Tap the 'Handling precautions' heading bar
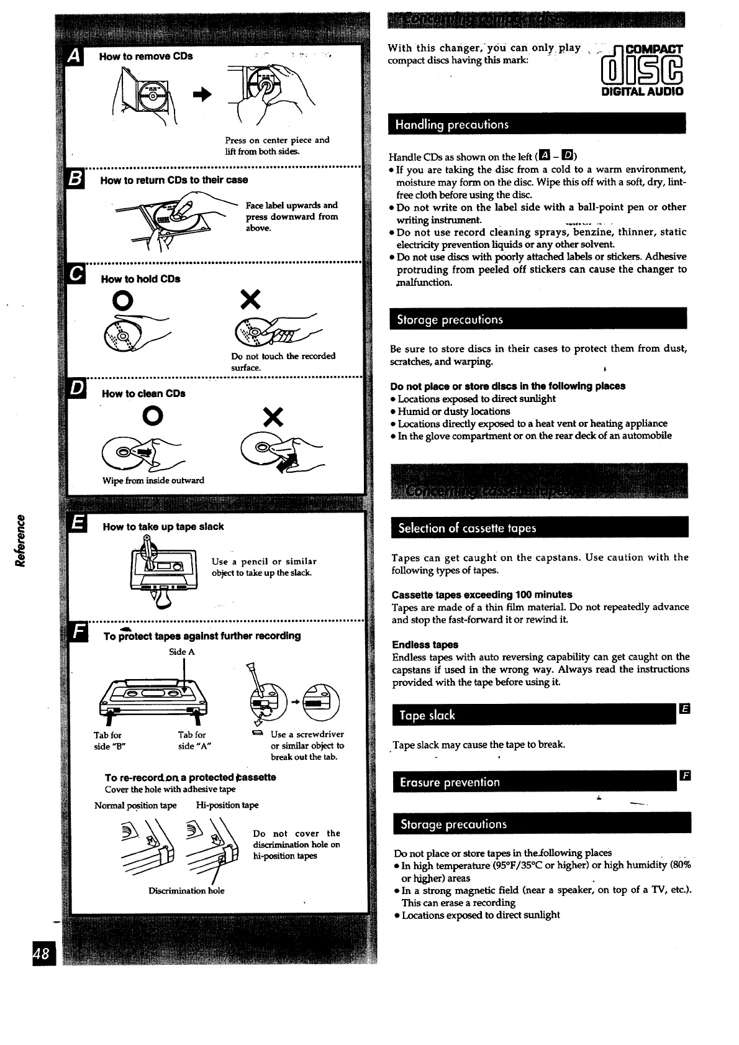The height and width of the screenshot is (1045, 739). (x=537, y=124)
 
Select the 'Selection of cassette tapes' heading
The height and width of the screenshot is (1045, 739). (x=540, y=528)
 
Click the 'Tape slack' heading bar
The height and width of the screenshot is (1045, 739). (x=534, y=715)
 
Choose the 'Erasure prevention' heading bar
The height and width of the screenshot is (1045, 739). (x=535, y=782)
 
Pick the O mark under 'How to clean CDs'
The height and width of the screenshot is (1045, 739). (x=152, y=416)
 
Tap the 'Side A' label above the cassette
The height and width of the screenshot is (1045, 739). (x=182, y=652)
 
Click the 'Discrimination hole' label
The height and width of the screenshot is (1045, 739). (x=186, y=891)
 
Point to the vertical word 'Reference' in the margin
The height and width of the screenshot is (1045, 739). (x=20, y=539)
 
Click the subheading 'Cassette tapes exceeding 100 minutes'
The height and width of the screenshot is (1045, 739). (x=482, y=595)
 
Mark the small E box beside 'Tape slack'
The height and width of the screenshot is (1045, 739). (x=685, y=709)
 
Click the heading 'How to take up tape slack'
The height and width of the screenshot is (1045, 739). (x=163, y=527)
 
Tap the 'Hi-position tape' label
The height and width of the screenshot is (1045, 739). (x=227, y=805)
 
